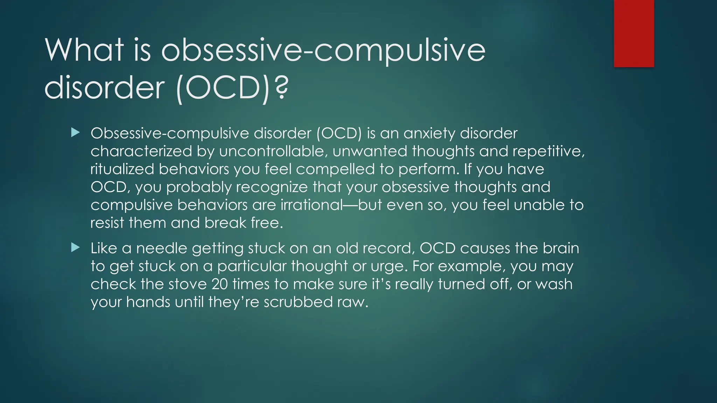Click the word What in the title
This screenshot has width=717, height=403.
84,50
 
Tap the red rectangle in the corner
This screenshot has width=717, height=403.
634,33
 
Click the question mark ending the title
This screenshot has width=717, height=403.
281,88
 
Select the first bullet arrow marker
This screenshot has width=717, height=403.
75,133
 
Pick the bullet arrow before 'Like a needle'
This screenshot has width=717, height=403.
75,248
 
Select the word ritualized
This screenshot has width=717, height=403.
122,169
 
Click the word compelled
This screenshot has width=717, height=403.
335,169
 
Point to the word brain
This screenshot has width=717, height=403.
561,248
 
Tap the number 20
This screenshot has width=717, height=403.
220,284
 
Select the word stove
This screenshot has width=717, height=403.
187,284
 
